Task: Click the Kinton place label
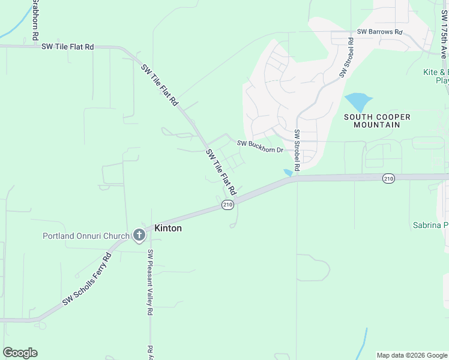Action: [168, 229]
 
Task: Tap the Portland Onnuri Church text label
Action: [86, 236]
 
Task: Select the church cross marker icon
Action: [139, 235]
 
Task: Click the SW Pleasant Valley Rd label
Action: [151, 283]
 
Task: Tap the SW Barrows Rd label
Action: [379, 31]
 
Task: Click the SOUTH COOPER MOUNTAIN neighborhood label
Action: [378, 121]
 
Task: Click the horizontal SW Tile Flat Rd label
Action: [68, 46]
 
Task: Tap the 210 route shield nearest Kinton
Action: [227, 205]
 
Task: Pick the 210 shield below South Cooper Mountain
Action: [388, 178]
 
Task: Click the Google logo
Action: [20, 353]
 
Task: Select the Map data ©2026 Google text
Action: [411, 355]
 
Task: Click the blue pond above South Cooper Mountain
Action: [358, 101]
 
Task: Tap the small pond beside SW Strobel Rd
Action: [289, 172]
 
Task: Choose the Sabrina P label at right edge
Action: [430, 226]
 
